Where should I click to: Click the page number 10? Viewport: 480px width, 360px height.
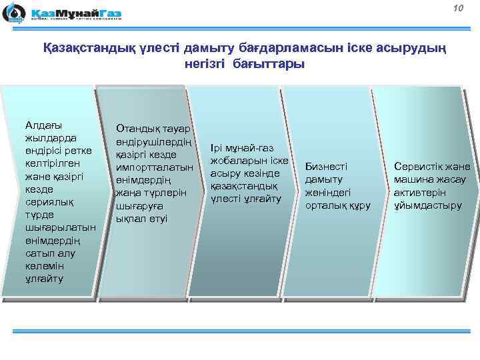click(457, 8)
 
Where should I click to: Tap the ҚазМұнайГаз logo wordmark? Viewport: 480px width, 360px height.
click(74, 11)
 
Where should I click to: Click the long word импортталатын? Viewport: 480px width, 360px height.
click(154, 167)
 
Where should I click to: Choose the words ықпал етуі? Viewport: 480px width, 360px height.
click(142, 219)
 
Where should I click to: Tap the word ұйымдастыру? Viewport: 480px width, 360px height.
click(427, 205)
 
